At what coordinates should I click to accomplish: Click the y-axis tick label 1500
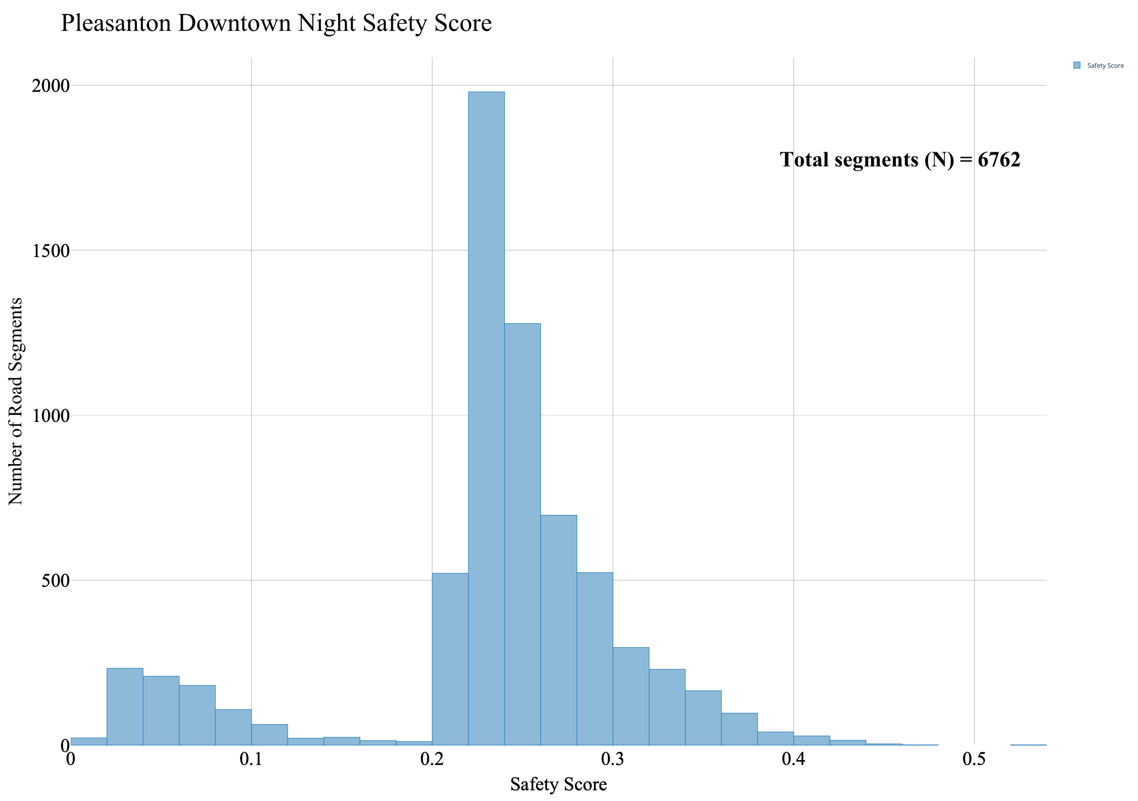[x=51, y=251]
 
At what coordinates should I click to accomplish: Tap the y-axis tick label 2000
[x=51, y=86]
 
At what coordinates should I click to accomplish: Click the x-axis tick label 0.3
[x=613, y=759]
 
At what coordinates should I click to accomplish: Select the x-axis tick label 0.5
[x=974, y=759]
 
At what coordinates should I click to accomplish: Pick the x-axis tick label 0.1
[x=251, y=759]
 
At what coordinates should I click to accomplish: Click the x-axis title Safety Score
[x=559, y=784]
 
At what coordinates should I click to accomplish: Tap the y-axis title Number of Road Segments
[x=16, y=401]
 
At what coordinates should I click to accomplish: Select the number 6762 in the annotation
[x=999, y=160]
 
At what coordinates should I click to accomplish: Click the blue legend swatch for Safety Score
[x=1077, y=65]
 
